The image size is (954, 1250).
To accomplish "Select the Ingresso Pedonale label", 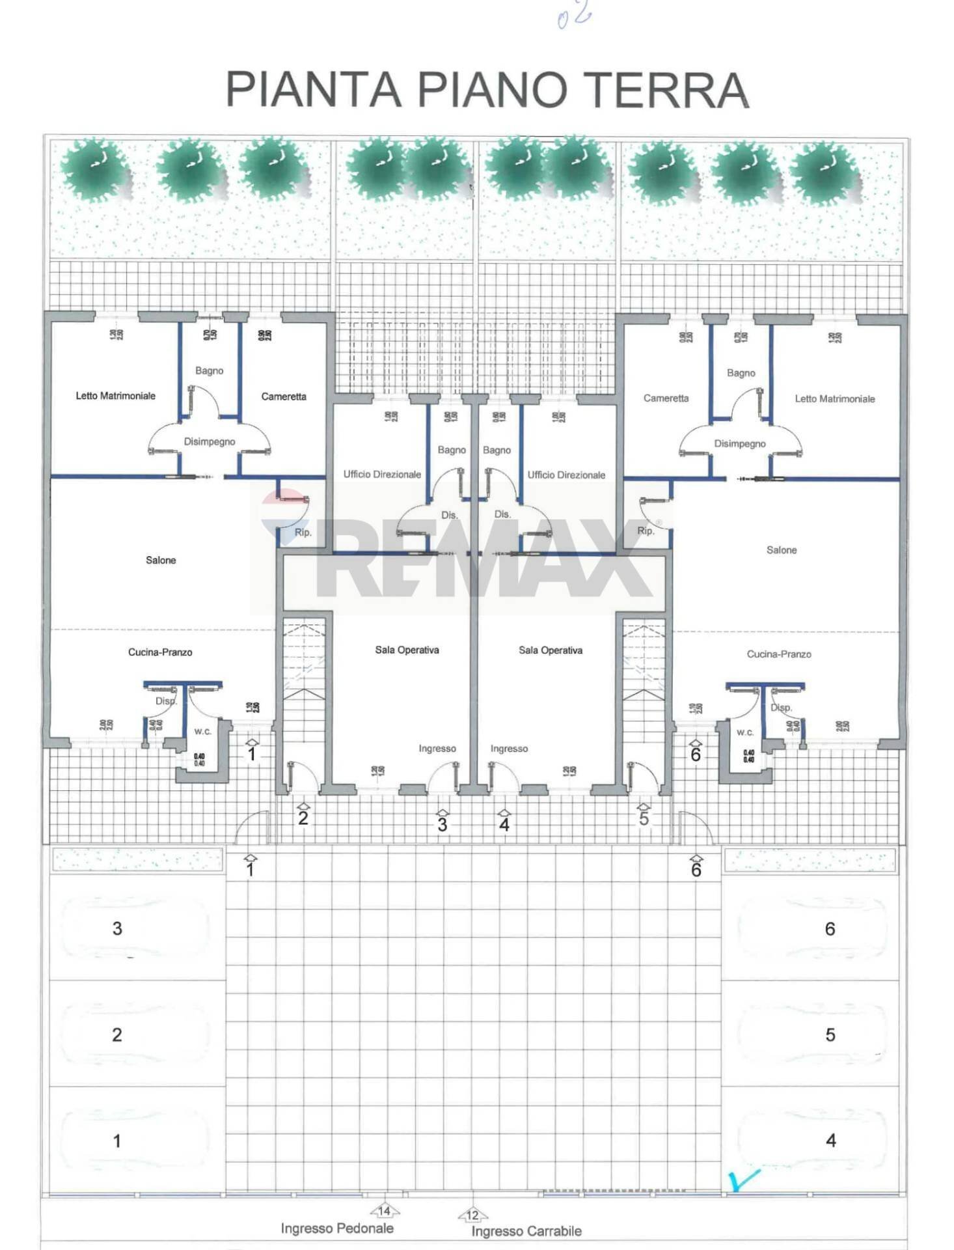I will pos(337,1228).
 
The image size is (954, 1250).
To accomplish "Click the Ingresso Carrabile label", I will pos(526,1230).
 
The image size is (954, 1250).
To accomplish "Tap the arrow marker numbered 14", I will pos(385,1210).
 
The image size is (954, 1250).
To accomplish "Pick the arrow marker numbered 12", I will pos(472,1214).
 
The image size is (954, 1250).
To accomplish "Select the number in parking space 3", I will pos(117,928).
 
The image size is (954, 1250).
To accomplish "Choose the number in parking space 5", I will pos(830,1035).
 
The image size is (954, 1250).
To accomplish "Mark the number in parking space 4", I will pos(830,1140).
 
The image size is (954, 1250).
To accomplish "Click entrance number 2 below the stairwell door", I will pos(303,818).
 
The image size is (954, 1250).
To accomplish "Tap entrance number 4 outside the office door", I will pos(504,824).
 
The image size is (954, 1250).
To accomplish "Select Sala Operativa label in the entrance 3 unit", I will pos(407,650).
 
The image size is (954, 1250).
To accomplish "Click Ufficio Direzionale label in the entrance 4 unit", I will pos(566,475).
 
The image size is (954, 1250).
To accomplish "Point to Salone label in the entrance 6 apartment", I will pos(782,550).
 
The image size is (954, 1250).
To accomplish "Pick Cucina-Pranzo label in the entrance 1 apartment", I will pos(160,652).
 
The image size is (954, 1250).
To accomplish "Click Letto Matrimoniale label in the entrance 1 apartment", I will pos(116,396).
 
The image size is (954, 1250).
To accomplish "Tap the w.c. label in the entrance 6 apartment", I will pos(745,732).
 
